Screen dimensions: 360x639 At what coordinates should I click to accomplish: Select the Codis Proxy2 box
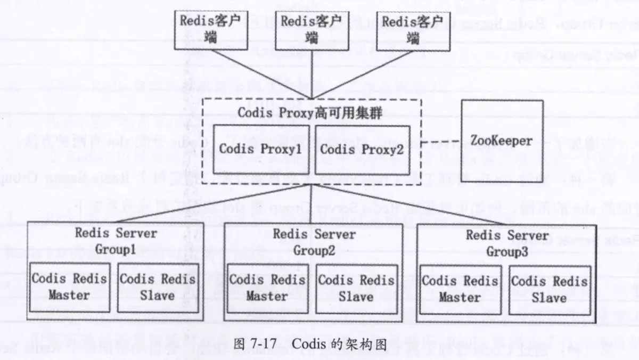pyautogui.click(x=363, y=150)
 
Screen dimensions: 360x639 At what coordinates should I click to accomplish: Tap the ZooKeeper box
pyautogui.click(x=502, y=141)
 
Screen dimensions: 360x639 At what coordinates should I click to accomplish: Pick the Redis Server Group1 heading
pyautogui.click(x=116, y=241)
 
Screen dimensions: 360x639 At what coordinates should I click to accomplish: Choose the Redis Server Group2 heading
pyautogui.click(x=314, y=242)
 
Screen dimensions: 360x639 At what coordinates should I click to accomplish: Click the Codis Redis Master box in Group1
pyautogui.click(x=69, y=287)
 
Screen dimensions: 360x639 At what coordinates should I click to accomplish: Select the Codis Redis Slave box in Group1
pyautogui.click(x=157, y=287)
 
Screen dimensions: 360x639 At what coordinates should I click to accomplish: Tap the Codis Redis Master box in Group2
pyautogui.click(x=267, y=288)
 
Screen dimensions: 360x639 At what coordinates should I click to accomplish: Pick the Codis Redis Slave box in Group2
pyautogui.click(x=356, y=288)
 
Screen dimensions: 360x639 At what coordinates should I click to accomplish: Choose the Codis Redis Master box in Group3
pyautogui.click(x=460, y=289)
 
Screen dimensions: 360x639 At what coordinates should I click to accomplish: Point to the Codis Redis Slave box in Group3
pyautogui.click(x=549, y=289)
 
